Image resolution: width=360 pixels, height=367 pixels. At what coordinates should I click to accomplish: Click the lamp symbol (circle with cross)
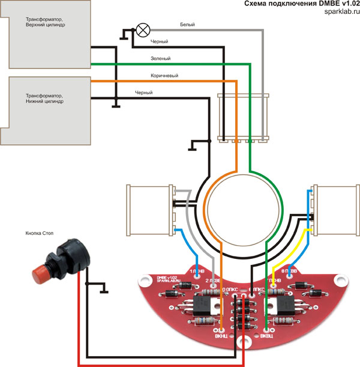pos(143,29)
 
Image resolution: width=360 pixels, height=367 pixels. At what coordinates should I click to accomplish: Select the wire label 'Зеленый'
pos(160,59)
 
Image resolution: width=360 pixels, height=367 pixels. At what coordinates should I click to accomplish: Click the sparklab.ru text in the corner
pos(338,12)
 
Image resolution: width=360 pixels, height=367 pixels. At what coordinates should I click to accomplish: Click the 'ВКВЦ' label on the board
pos(266,338)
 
